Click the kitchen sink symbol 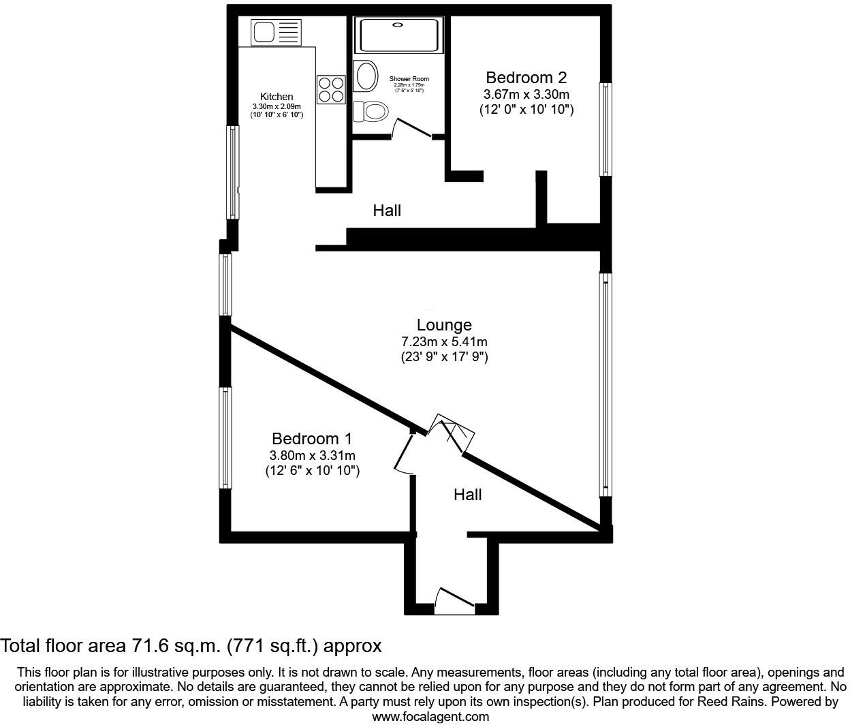click(276, 32)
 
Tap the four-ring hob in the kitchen click(331, 89)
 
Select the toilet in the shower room click(370, 110)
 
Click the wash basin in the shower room click(366, 76)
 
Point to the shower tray click(399, 35)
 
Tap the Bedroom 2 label click(526, 78)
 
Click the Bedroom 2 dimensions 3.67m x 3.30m click(526, 95)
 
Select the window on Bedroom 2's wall click(605, 129)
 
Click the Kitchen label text click(277, 97)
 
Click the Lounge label click(444, 325)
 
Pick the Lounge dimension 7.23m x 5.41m click(444, 342)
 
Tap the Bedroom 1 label click(312, 439)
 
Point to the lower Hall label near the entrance click(467, 495)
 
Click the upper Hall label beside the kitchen click(387, 211)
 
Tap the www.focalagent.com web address click(430, 716)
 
